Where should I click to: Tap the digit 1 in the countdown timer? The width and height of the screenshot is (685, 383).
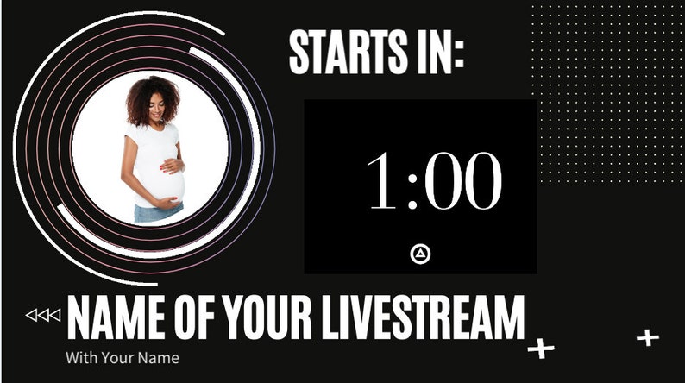coord(381,182)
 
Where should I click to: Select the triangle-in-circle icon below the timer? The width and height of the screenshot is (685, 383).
coord(420,254)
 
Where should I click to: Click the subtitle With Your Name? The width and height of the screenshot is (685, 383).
coord(122,356)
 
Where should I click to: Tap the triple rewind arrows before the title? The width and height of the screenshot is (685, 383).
coord(43,315)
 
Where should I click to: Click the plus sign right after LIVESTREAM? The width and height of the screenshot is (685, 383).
coord(541,348)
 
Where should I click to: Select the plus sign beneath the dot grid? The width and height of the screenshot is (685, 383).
coord(647,337)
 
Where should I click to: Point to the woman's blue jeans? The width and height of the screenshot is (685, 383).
coord(157,212)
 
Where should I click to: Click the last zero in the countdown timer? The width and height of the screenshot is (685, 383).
coord(480,182)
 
